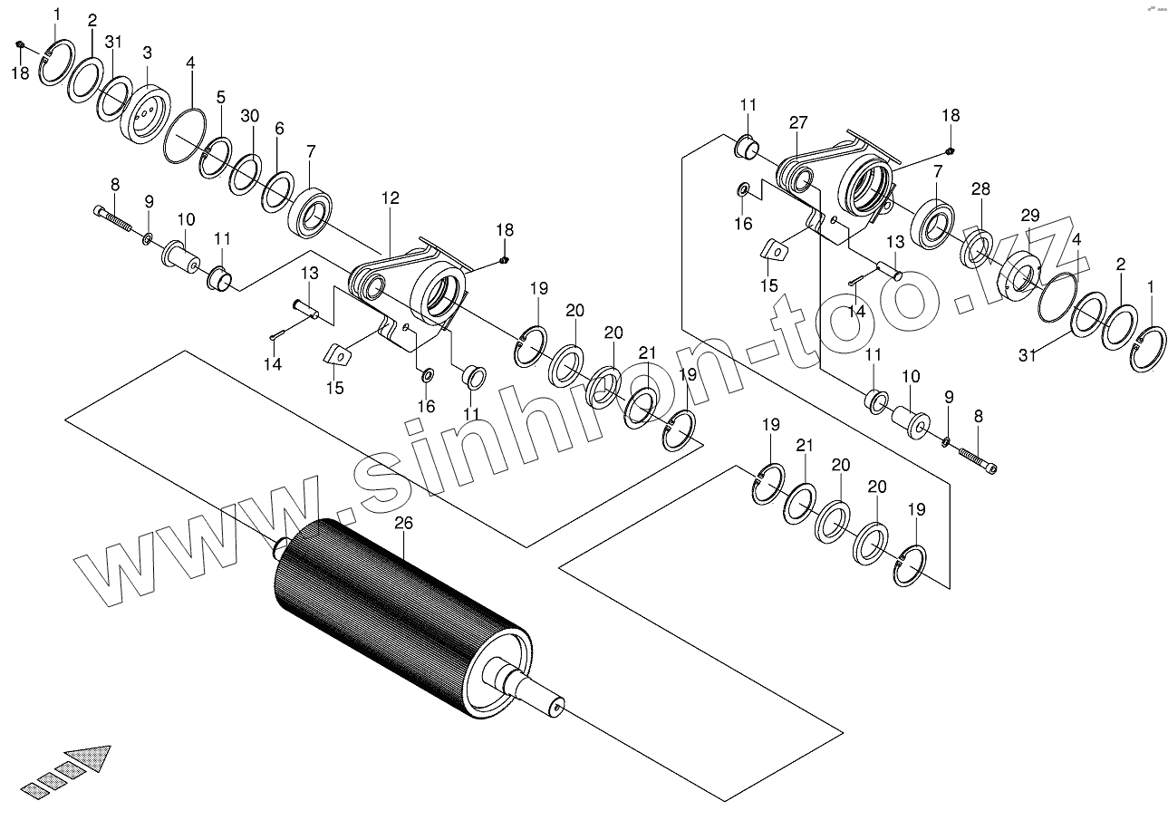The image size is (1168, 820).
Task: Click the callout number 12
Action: [x=391, y=198]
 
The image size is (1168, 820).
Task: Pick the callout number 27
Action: [x=797, y=122]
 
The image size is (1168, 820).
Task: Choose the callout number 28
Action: [x=980, y=189]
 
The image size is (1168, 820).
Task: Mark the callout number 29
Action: [x=1030, y=215]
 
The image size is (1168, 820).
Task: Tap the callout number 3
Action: [x=147, y=53]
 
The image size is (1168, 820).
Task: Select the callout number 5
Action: [x=221, y=97]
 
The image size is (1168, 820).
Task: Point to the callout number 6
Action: [x=279, y=130]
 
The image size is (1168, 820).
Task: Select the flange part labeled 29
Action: [x=1023, y=275]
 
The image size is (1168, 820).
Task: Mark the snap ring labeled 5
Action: [x=217, y=157]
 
